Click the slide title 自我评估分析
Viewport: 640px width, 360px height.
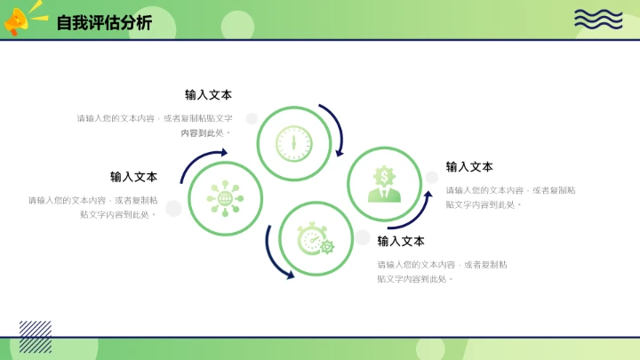point(103,23)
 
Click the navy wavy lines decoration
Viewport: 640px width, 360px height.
point(597,19)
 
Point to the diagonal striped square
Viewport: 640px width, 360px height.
point(36,337)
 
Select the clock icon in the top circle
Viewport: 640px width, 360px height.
point(293,143)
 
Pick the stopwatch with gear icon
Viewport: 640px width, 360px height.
point(316,238)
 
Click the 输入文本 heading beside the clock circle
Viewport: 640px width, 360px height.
point(208,95)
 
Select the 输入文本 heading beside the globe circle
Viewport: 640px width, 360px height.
point(133,177)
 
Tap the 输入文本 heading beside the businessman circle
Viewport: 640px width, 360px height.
point(469,167)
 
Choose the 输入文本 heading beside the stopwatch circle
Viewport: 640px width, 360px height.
point(401,241)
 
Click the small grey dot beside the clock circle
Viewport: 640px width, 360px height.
point(252,117)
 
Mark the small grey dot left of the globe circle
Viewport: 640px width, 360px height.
point(174,208)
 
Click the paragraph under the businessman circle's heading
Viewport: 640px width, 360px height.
point(509,197)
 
